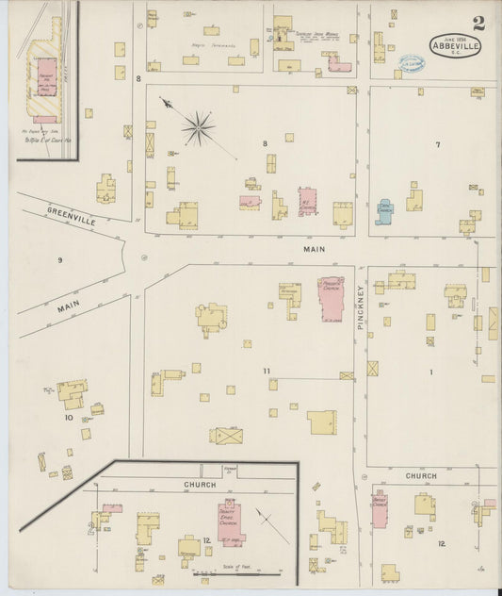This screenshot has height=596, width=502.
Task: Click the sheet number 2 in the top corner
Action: (x=479, y=23)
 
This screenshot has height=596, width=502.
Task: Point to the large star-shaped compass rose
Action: (x=198, y=127)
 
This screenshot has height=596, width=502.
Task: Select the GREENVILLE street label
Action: (x=73, y=216)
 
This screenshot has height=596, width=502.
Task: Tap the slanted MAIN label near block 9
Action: (x=68, y=306)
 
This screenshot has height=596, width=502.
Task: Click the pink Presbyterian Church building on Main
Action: (x=331, y=299)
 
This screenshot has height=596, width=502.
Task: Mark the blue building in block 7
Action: (x=384, y=210)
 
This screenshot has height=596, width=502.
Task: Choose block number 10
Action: (x=68, y=416)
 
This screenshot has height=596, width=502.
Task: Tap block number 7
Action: (x=437, y=144)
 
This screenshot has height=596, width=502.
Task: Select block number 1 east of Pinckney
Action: (x=431, y=372)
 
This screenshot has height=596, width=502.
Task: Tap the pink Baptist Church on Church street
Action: (x=379, y=510)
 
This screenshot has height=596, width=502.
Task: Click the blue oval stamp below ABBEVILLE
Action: (x=411, y=63)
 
